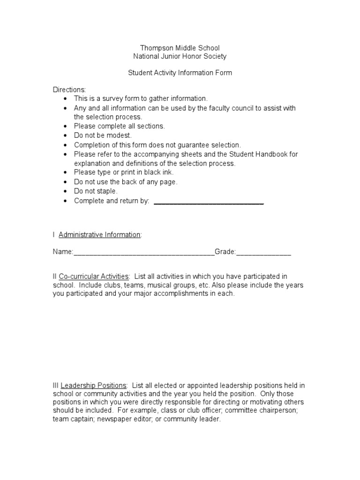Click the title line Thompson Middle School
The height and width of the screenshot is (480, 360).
click(x=180, y=48)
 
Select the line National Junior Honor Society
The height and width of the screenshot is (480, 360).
click(x=180, y=57)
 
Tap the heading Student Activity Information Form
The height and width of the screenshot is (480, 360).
click(x=180, y=73)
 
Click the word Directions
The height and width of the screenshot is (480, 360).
click(x=69, y=90)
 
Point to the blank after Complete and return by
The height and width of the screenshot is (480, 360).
click(x=209, y=202)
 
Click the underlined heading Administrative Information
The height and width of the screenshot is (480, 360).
click(x=99, y=235)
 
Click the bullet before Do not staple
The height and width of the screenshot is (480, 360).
click(x=65, y=192)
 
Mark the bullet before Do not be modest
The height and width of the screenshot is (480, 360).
click(x=65, y=136)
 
